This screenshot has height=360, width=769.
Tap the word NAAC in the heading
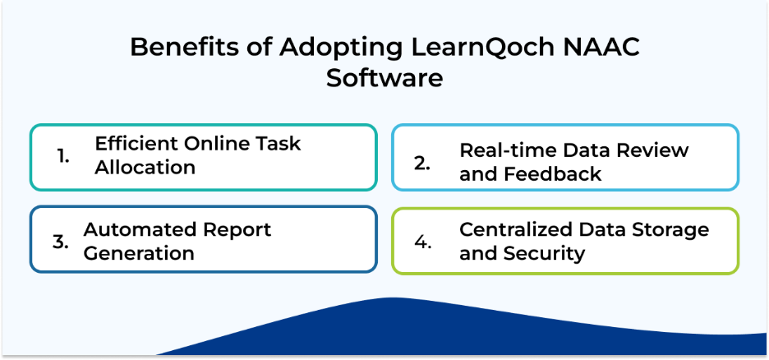tap(592, 48)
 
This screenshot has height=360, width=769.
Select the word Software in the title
tap(384, 78)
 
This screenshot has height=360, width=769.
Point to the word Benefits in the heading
tap(186, 48)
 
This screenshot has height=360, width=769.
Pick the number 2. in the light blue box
tap(421, 164)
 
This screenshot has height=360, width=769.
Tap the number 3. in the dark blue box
tap(60, 242)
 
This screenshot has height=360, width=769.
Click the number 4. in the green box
tap(422, 242)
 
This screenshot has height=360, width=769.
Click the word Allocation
tap(145, 167)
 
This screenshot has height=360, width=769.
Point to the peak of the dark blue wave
tap(393, 298)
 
